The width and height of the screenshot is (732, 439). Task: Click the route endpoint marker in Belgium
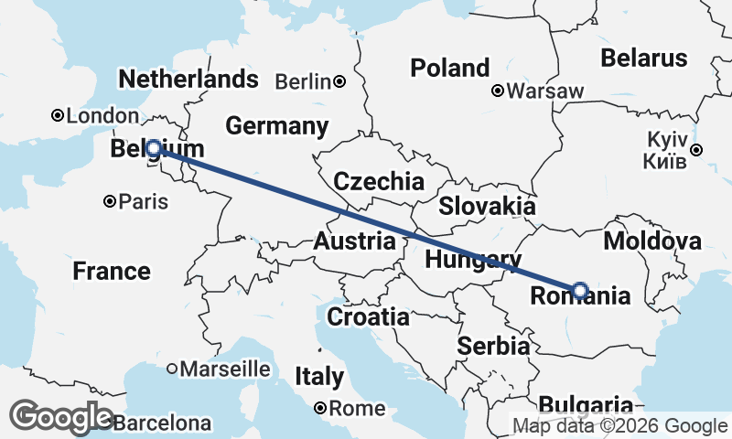coord(154,148)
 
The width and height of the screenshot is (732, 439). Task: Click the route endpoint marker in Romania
coord(580,290)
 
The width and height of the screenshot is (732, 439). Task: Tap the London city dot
coord(58,115)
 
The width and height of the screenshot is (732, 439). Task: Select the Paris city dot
coord(110,201)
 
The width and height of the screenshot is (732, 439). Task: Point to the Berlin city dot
coord(339,81)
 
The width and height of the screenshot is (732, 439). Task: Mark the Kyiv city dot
coord(697,150)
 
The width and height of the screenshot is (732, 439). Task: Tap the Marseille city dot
coord(172,369)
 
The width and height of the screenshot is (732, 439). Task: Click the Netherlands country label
coord(188,79)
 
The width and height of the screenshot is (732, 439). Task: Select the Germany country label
coord(276,126)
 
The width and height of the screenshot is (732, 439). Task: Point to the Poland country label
coord(449,68)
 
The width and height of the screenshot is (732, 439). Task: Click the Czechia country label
coord(379,181)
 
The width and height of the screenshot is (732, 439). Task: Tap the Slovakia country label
coord(486,206)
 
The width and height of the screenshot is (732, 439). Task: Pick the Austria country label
coord(354,242)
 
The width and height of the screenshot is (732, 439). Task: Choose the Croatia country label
coord(368,317)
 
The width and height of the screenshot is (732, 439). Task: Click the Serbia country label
coord(493,347)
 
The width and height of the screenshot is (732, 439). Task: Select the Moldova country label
coord(652,241)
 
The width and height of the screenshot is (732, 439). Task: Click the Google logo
coord(62,417)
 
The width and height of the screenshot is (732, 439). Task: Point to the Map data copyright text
coord(619,425)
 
